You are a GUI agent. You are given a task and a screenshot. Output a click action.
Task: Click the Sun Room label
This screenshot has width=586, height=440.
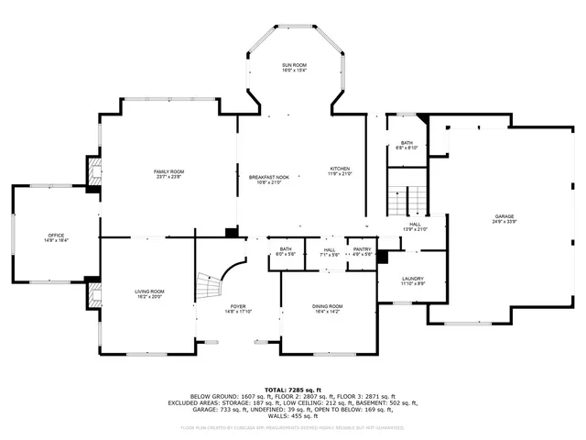coord(294,66)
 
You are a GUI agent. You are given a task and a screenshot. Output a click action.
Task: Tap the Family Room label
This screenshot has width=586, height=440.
coord(168,172)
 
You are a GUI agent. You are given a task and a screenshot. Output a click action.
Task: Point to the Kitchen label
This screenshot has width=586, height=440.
coord(340,170)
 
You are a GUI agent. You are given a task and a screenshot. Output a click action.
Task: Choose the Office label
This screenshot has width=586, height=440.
coord(56,236)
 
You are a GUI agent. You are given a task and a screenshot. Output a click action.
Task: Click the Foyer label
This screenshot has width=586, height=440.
coord(238,308)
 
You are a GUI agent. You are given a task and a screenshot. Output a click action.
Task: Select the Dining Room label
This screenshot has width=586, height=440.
coord(328,308)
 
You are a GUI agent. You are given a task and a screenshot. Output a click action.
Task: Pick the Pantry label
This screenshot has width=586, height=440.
coord(363,250)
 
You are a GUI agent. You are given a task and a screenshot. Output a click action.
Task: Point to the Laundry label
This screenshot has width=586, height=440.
coord(412,280)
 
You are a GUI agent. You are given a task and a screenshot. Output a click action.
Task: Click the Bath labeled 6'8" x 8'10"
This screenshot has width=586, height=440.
coord(406,144)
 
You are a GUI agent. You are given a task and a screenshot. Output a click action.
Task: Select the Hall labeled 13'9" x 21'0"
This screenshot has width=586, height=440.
coord(415,225)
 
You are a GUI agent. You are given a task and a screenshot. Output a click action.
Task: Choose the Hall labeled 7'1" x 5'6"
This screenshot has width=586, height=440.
coord(330,250)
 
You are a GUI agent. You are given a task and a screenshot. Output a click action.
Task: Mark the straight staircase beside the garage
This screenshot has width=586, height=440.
coord(406,198)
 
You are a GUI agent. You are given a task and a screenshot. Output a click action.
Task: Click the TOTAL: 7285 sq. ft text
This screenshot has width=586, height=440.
coord(293,390)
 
